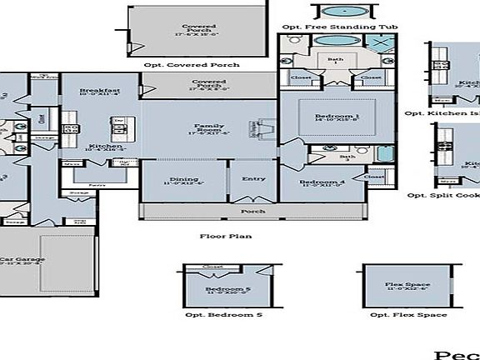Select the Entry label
point(253,178)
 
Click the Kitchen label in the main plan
point(106,147)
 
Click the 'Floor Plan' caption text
point(225,236)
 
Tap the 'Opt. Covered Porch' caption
point(191,64)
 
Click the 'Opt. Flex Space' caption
point(407,315)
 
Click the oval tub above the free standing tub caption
point(342,12)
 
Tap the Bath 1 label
point(335,61)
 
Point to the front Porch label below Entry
point(252,212)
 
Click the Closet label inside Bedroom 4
point(374,177)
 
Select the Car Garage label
point(18,260)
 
